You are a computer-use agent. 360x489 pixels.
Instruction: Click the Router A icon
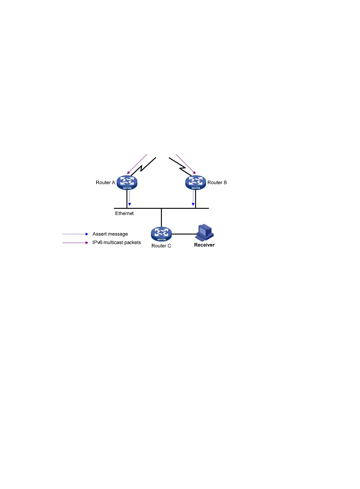pos(127,182)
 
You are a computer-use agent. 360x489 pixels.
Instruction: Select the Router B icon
pos(195,182)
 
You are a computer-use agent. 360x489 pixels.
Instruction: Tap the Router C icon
pos(161,234)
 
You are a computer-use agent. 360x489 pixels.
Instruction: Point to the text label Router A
pos(105,182)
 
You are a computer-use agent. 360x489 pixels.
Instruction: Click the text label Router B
pos(217,182)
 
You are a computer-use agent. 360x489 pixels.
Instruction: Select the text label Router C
pos(161,246)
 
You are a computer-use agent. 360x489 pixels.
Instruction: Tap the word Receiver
pos(204,245)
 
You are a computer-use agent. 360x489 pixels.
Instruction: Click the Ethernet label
pos(124,213)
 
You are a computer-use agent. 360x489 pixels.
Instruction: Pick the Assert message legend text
pos(110,234)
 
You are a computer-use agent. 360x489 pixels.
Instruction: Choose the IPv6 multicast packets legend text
pos(116,242)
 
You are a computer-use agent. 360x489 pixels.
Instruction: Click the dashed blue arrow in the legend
pos(75,234)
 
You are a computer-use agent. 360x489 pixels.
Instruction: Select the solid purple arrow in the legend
pos(75,243)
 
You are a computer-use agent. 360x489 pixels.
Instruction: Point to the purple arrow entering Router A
pos(137,164)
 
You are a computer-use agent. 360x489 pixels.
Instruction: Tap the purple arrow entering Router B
pos(186,164)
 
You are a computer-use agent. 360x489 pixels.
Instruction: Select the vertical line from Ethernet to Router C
pos(161,217)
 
